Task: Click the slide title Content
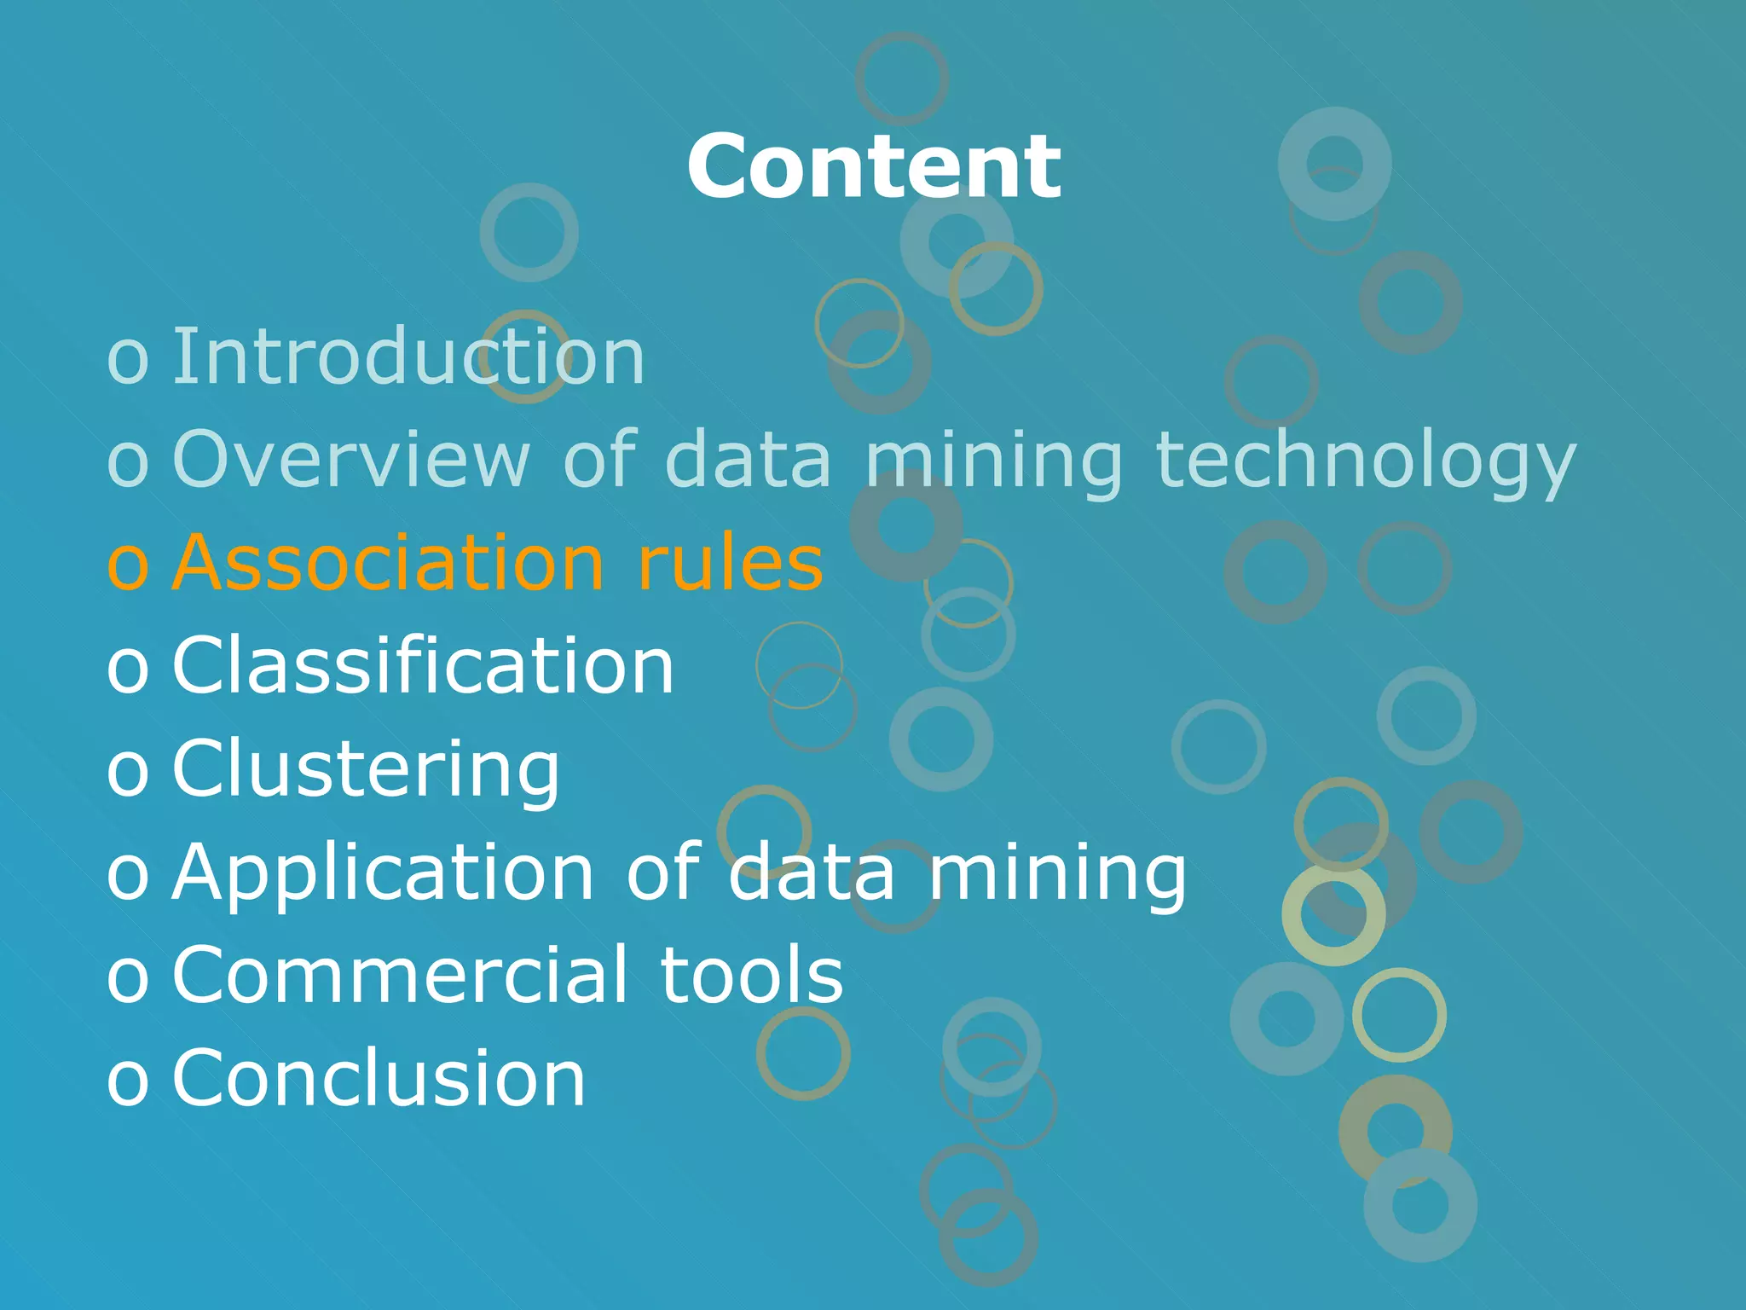(x=874, y=167)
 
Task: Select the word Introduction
(x=408, y=356)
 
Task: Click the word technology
(x=1365, y=461)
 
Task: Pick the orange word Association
(x=389, y=562)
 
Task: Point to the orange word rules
(x=730, y=562)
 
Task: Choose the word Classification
(x=423, y=665)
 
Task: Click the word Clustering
(x=366, y=769)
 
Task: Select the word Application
(x=383, y=873)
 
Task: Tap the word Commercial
(x=400, y=975)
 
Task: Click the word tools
(x=752, y=975)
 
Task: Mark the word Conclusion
(x=379, y=1078)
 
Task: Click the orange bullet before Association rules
(x=128, y=565)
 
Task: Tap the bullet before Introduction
(x=128, y=360)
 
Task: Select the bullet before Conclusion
(x=128, y=1081)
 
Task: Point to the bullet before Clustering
(x=128, y=772)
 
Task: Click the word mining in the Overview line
(x=994, y=461)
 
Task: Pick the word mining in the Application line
(x=1057, y=873)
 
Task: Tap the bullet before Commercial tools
(x=128, y=978)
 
